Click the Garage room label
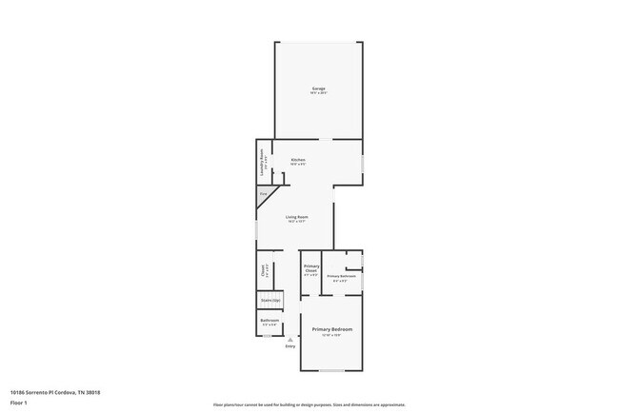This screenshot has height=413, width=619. click(x=318, y=88)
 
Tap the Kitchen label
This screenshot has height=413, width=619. click(x=298, y=159)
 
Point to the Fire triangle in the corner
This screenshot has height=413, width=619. click(x=264, y=194)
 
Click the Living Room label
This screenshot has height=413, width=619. click(x=297, y=217)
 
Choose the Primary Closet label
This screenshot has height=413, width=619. click(x=310, y=269)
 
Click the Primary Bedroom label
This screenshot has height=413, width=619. click(x=332, y=329)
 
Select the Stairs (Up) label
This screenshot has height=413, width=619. click(x=270, y=301)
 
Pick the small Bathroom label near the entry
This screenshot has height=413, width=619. click(x=270, y=320)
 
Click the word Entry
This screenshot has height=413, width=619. click(x=290, y=345)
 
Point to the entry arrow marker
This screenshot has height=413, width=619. click(x=290, y=338)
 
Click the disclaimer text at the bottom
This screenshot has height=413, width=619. click(x=309, y=404)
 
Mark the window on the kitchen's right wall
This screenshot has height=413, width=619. click(x=362, y=163)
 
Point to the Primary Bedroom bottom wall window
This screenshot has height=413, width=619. click(x=331, y=369)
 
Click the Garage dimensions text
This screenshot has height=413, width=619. click(x=318, y=93)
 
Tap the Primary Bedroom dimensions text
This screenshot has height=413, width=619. click(x=332, y=335)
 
